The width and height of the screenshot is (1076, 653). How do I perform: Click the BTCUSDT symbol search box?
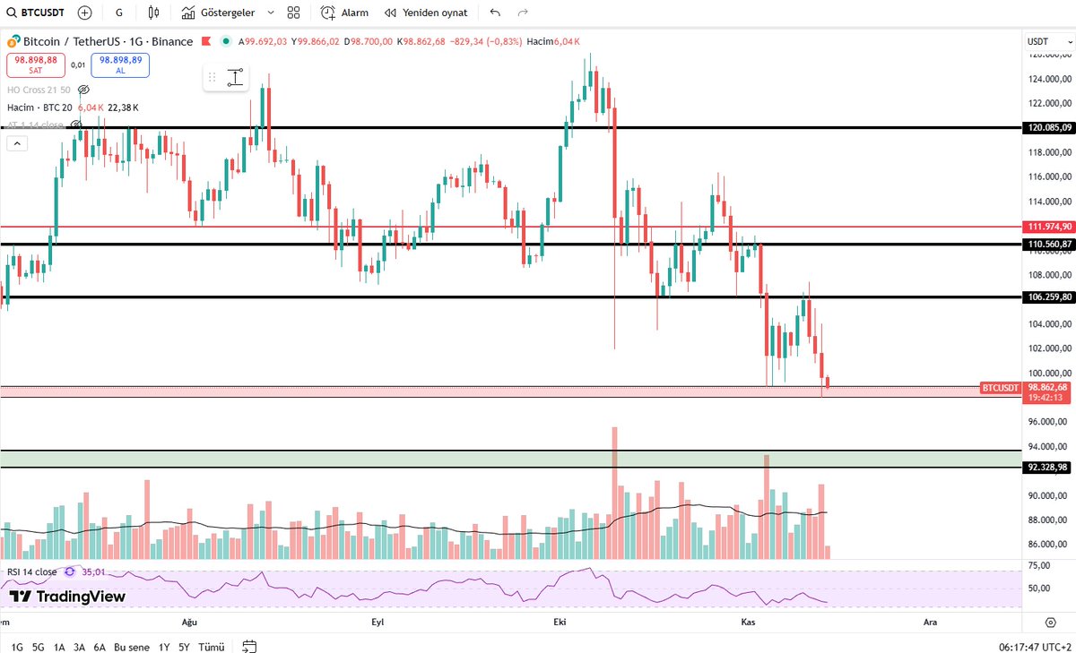tap(36, 13)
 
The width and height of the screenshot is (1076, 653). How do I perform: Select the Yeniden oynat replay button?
tap(426, 13)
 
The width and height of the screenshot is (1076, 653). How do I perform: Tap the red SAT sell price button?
tap(35, 64)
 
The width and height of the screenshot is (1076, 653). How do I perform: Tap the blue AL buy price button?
tap(119, 64)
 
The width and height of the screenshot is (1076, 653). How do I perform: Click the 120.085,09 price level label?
tap(1049, 128)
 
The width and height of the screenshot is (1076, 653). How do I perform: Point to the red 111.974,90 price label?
tap(1049, 228)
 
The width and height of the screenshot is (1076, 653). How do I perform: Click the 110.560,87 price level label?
tap(1049, 244)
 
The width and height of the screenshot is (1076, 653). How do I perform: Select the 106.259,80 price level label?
tap(1049, 296)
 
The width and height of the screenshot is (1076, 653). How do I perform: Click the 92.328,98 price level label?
tap(1049, 467)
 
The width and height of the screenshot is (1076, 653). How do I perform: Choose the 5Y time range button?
tap(184, 647)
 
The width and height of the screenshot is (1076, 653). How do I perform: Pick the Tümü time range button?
tap(212, 647)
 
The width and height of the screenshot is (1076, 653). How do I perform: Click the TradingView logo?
tap(67, 597)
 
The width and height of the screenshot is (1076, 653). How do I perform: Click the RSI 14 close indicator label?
tap(32, 571)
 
